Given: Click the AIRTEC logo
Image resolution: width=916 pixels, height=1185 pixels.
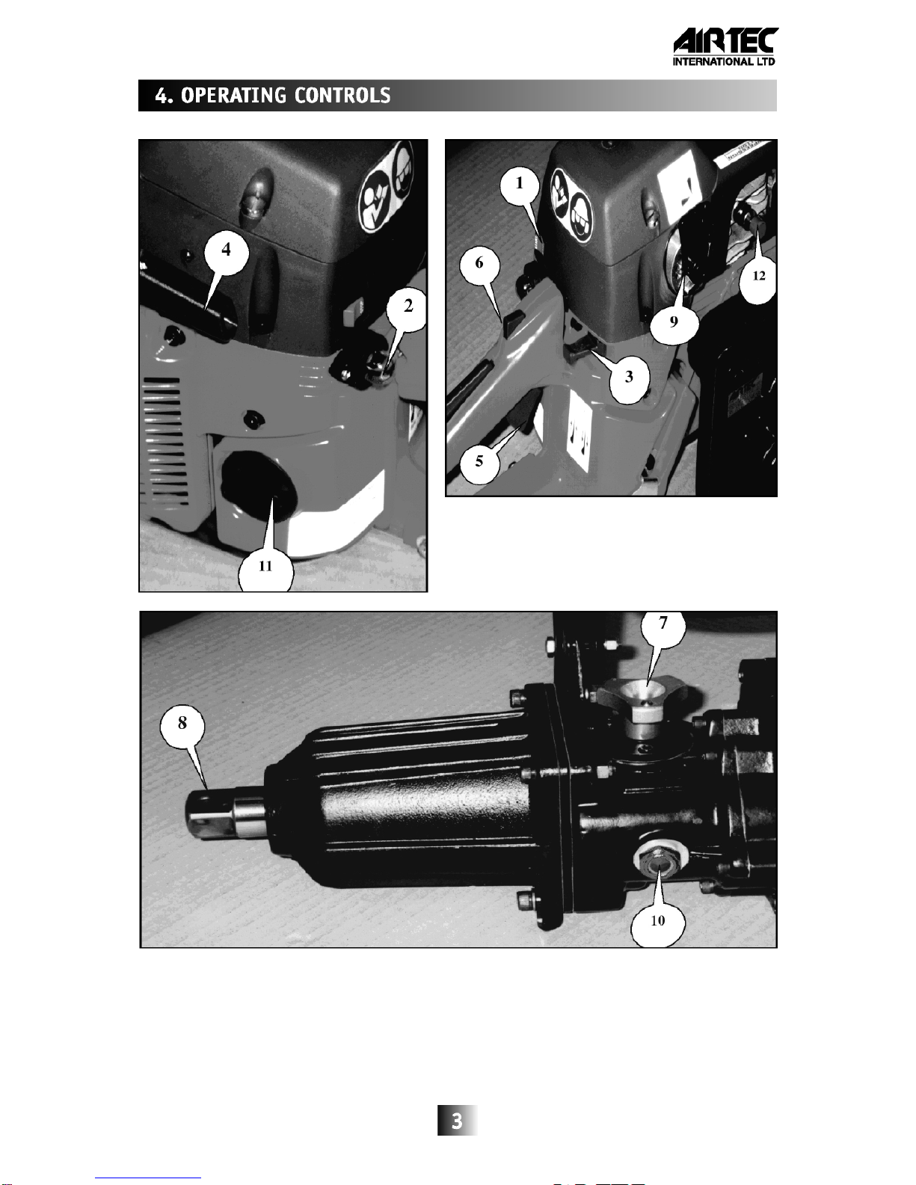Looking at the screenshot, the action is click(x=725, y=46).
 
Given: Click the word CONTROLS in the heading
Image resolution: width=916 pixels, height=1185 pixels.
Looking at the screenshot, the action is click(x=342, y=96).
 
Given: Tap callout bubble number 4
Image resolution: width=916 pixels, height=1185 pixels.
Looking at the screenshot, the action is click(x=227, y=251).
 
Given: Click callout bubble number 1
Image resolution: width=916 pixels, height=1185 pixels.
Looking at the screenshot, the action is click(x=520, y=184).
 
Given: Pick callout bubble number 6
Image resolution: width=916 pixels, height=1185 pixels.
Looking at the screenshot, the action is click(x=479, y=263).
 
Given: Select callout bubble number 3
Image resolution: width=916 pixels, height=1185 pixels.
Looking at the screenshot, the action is click(x=629, y=377).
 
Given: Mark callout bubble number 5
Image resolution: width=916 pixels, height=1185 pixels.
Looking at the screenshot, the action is click(x=479, y=461).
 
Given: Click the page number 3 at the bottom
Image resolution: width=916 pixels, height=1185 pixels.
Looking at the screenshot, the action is click(x=457, y=1121).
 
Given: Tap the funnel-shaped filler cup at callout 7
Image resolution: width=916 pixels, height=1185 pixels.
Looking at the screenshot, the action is click(x=645, y=701).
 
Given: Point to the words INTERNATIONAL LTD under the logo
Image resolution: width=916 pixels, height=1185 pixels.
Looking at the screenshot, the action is click(x=724, y=61).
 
